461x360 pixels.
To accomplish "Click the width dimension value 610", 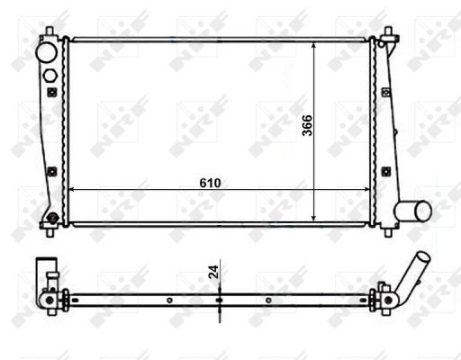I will [x=211, y=182].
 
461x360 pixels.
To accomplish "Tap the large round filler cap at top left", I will [x=46, y=52].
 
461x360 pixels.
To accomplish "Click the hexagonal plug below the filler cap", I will [x=50, y=73].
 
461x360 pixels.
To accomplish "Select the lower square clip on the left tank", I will [x=52, y=171].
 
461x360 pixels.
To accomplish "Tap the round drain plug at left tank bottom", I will [x=52, y=217].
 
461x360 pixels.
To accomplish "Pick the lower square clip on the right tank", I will [x=384, y=171].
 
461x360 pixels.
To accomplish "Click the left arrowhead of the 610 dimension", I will [x=73, y=190].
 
